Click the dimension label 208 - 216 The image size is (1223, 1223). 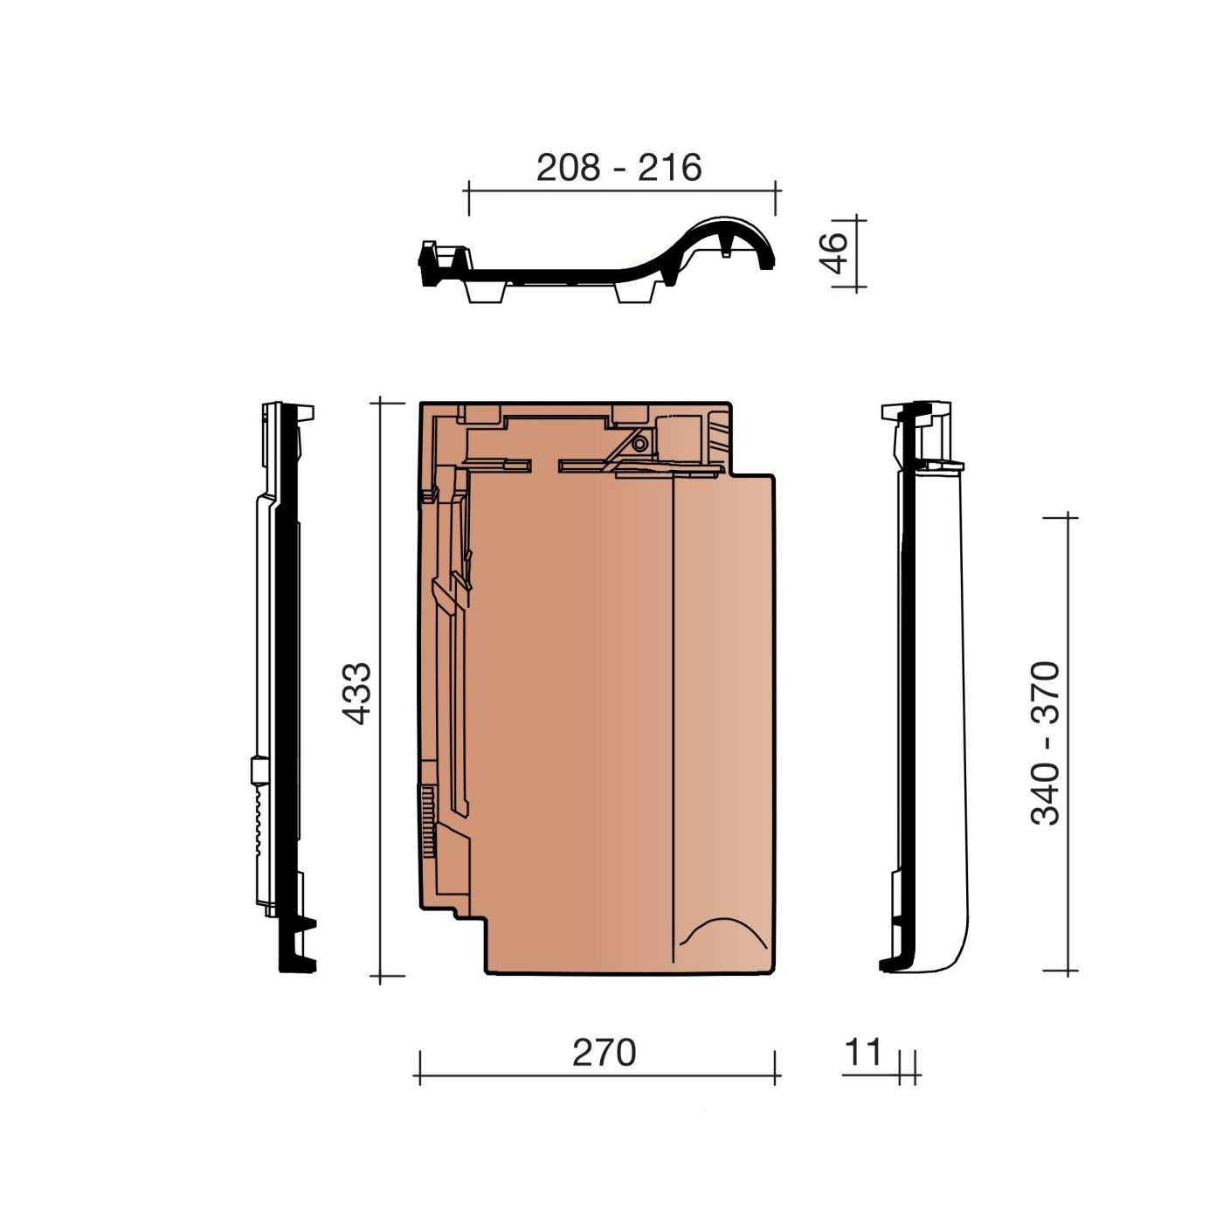[x=618, y=167]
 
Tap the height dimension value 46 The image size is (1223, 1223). [x=835, y=252]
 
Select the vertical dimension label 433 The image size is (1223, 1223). [x=356, y=694]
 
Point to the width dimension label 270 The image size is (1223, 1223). [x=604, y=1053]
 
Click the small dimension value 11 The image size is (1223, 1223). [x=863, y=1053]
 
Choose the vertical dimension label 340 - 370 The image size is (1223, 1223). [x=1046, y=743]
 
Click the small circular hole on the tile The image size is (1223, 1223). [x=640, y=444]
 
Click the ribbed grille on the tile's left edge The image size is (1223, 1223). [x=428, y=821]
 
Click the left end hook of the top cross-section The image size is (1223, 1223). [x=430, y=262]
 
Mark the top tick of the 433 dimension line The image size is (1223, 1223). [x=380, y=403]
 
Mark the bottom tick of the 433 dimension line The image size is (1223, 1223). [x=380, y=976]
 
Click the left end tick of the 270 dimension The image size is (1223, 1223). [x=420, y=1068]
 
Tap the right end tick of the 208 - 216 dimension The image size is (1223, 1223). [x=775, y=197]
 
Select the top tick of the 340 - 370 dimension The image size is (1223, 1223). [x=1068, y=517]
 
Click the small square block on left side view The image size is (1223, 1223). [x=258, y=770]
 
